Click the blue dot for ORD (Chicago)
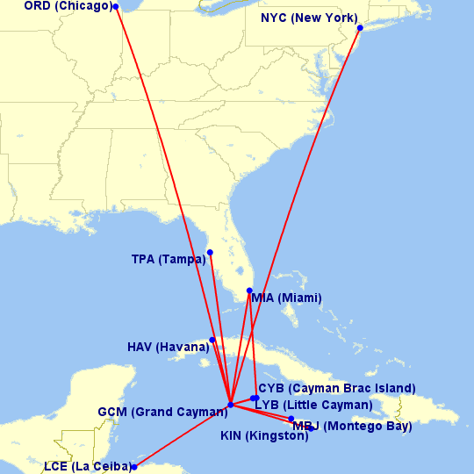pyautogui.click(x=116, y=6)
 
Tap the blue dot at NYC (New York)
pyautogui.click(x=360, y=28)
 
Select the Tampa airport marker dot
pyautogui.click(x=210, y=253)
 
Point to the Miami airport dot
pyautogui.click(x=250, y=291)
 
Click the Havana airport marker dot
pyautogui.click(x=212, y=340)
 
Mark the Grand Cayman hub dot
pyautogui.click(x=230, y=405)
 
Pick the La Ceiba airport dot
pyautogui.click(x=133, y=467)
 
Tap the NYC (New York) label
pyautogui.click(x=309, y=18)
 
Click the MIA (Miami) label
pyautogui.click(x=286, y=298)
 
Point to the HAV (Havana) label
pyautogui.click(x=168, y=348)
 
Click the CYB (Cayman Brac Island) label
pyautogui.click(x=336, y=388)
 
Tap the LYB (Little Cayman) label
pyautogui.click(x=312, y=405)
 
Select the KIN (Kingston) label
pyautogui.click(x=263, y=435)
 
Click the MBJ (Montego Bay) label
pyautogui.click(x=352, y=427)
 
